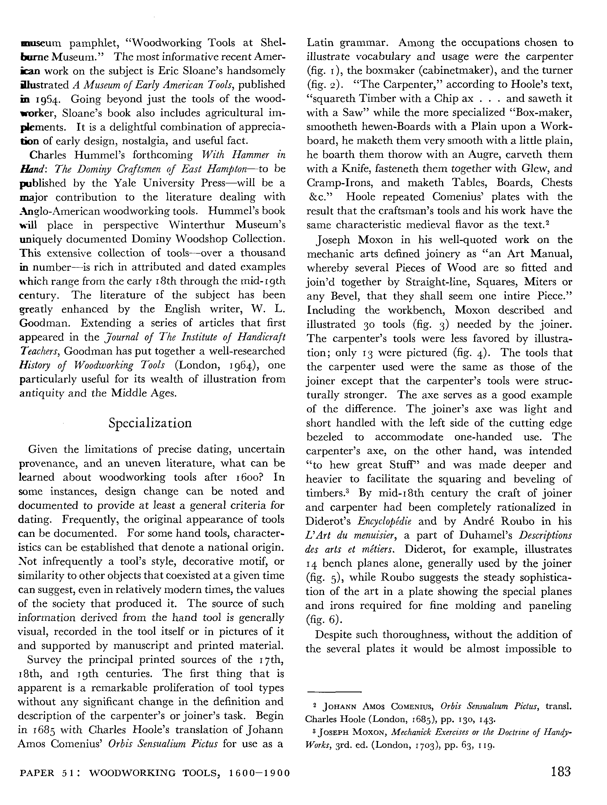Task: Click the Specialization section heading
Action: pos(150,423)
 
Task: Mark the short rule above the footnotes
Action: pos(334,692)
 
